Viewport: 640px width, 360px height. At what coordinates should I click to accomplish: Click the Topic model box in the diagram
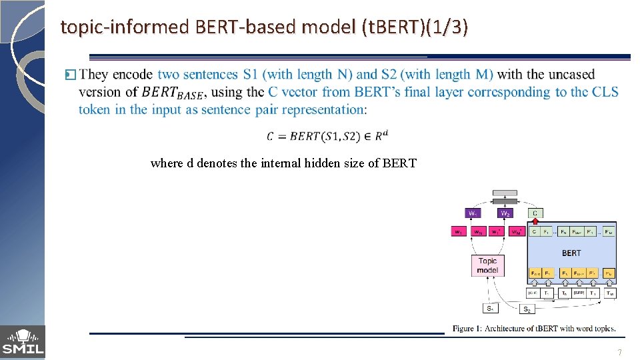[487, 265]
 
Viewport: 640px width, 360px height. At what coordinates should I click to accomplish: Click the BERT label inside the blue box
[571, 253]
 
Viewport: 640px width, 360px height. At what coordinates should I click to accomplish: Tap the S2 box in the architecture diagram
[527, 309]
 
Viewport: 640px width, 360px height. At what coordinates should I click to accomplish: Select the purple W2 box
[505, 213]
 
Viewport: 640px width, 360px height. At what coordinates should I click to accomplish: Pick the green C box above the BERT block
[535, 213]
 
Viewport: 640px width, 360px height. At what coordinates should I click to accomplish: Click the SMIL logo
[23, 342]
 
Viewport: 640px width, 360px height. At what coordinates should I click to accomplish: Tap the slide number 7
[620, 353]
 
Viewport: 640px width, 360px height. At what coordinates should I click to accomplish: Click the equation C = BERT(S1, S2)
[327, 136]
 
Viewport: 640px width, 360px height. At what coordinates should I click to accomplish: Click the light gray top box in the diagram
[505, 194]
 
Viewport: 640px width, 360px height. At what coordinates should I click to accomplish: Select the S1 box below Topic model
[490, 308]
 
